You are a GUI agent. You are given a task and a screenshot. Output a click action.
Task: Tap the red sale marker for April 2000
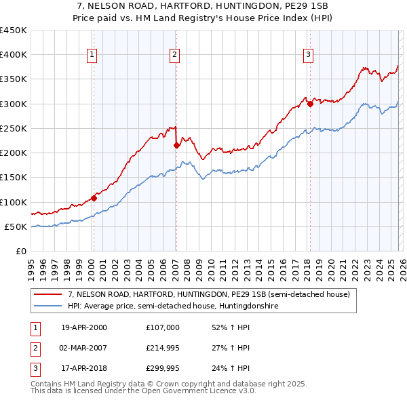pos(94,199)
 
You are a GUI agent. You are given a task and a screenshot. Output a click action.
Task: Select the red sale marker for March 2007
pos(176,145)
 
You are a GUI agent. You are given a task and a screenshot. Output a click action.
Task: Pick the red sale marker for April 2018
pos(310,104)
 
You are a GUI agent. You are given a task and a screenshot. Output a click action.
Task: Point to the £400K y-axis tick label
pos(14,55)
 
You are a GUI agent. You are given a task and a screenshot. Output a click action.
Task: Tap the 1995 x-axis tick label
pos(31,264)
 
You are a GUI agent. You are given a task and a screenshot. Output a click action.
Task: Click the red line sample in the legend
pos(48,295)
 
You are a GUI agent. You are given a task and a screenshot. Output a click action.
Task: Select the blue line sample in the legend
pos(48,306)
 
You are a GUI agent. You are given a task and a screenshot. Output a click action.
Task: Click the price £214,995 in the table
pos(163,348)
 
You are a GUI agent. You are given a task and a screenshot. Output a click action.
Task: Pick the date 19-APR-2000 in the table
pos(84,327)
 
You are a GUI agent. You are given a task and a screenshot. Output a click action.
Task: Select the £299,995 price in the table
pos(163,368)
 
